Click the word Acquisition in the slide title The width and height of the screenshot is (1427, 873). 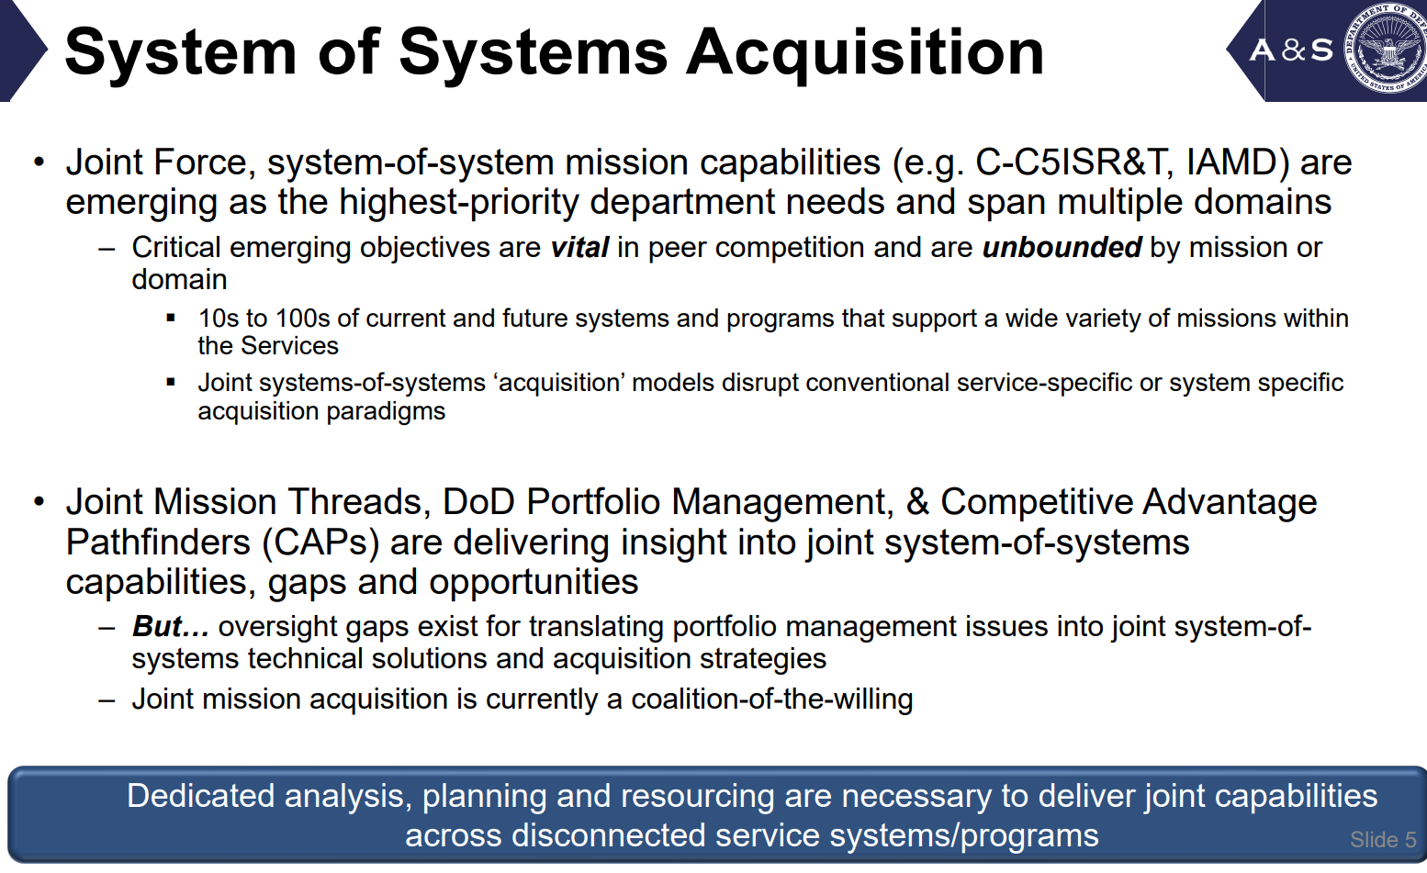tap(865, 53)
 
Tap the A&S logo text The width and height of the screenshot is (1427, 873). tap(1291, 50)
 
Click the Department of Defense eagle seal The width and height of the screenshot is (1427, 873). tap(1386, 47)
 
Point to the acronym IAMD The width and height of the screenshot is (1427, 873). tap(1231, 162)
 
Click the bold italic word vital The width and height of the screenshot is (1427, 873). tap(579, 247)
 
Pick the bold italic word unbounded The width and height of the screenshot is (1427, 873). tap(1062, 247)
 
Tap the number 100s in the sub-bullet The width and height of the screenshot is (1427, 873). tap(298, 319)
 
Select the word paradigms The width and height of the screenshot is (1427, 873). tap(386, 412)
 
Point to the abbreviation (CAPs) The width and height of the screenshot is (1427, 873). tap(320, 543)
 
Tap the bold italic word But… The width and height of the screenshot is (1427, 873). tap(171, 627)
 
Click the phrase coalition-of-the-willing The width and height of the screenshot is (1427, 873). tap(772, 700)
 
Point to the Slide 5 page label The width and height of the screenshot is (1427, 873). tap(1383, 840)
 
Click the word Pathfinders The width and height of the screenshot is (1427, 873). tap(159, 543)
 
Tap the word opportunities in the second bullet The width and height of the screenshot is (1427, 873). tap(534, 583)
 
